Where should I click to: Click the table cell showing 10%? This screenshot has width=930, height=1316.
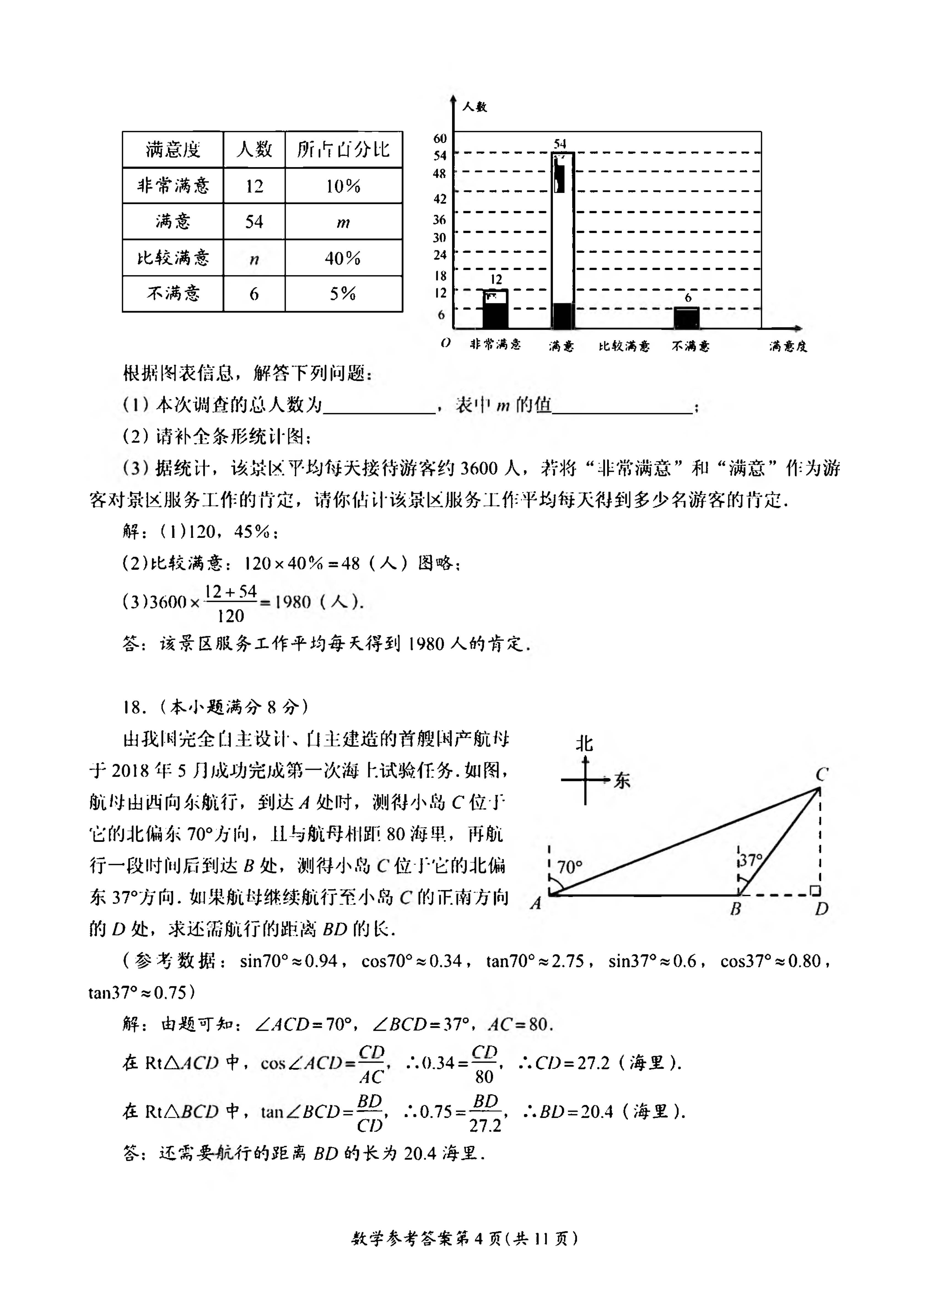(x=343, y=186)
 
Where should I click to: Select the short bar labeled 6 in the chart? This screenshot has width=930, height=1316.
(x=686, y=318)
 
